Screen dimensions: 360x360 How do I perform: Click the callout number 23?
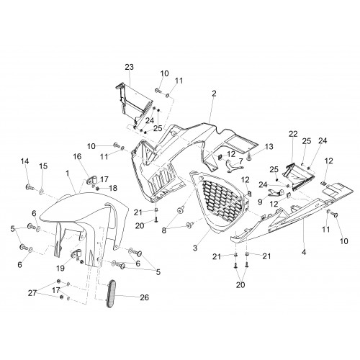[x=129, y=67]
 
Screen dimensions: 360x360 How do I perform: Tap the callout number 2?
[x=214, y=94]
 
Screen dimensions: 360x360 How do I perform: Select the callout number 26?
[x=144, y=297]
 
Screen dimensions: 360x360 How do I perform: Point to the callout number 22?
[x=293, y=134]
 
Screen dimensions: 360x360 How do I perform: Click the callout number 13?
[x=269, y=146]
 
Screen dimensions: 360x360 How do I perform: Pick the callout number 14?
[x=24, y=161]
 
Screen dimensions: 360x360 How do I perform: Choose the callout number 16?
[x=77, y=156]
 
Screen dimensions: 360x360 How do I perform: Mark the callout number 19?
[x=60, y=268]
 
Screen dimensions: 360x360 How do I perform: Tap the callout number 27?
[x=32, y=293]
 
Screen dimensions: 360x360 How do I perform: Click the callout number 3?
[x=195, y=248]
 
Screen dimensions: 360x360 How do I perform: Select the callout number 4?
[x=304, y=252]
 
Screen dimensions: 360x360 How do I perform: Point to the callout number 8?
[x=164, y=230]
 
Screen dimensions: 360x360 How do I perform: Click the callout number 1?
[x=68, y=173]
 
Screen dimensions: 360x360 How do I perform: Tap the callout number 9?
[x=260, y=202]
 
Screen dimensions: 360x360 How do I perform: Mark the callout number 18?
[x=112, y=188]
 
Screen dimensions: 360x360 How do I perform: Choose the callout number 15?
[x=43, y=166]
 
